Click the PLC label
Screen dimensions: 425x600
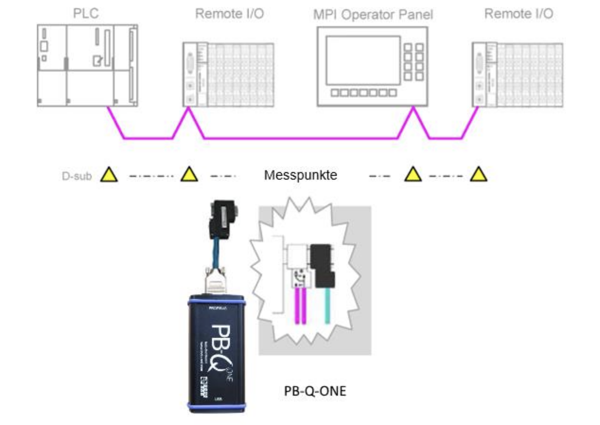coord(85,14)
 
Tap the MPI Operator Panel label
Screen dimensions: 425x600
coord(373,15)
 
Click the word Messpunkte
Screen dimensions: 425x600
coord(300,175)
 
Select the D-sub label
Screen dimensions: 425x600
coord(77,176)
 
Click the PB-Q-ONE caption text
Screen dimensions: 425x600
coord(315,391)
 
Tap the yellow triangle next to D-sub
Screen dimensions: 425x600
coord(109,175)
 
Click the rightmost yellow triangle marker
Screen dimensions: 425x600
coord(479,175)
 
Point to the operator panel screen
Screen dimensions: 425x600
coord(363,60)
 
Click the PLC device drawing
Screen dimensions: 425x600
coord(87,65)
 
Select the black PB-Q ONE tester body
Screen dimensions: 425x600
coord(217,352)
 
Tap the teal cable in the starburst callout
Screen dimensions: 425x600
coord(328,305)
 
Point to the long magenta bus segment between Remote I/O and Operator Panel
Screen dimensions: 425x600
coord(301,138)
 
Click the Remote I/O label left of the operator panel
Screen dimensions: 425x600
coord(229,14)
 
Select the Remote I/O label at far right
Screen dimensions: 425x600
coord(519,14)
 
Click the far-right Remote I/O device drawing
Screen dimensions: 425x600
coord(517,75)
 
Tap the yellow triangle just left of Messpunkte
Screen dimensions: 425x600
coord(189,175)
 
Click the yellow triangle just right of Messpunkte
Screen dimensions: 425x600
coord(413,175)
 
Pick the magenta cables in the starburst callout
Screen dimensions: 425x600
coord(300,305)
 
